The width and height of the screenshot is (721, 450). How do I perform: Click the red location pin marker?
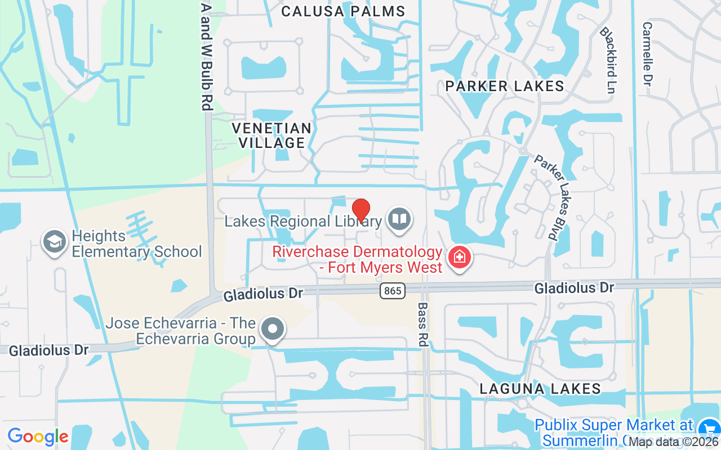point(360,210)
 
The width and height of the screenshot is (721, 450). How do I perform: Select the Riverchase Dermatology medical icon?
point(460,258)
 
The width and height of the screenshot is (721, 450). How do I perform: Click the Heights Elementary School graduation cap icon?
point(55,242)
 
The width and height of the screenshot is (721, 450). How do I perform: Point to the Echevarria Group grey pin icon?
point(273,328)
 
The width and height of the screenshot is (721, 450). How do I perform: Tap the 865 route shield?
point(391,291)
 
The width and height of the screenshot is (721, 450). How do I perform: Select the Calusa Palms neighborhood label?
point(343,11)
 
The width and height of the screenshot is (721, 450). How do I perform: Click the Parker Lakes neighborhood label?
point(504,86)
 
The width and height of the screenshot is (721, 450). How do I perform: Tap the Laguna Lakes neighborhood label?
point(540,389)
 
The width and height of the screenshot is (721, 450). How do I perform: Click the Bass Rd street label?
point(422,325)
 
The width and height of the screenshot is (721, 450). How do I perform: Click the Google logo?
point(38,436)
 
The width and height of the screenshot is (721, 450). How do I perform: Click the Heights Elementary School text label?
point(137,244)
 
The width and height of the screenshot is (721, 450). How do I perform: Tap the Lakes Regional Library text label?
point(303,221)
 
